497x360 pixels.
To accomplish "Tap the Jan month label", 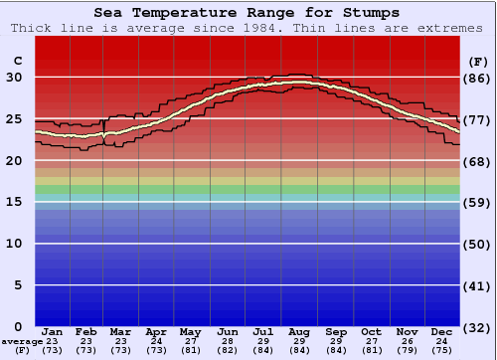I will (x=53, y=332).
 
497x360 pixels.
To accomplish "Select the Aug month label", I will (x=300, y=332).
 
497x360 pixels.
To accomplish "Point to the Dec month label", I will (x=442, y=332).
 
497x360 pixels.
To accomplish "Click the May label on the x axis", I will (x=190, y=332).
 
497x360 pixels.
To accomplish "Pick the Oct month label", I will (x=371, y=332).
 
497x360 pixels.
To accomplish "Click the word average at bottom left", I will (x=22, y=341).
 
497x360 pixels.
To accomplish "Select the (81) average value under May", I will (x=190, y=350).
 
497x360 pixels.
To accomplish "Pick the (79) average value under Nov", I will (x=407, y=350).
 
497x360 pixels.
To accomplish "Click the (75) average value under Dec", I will (x=442, y=350).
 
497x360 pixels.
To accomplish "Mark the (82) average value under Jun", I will (x=228, y=350).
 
